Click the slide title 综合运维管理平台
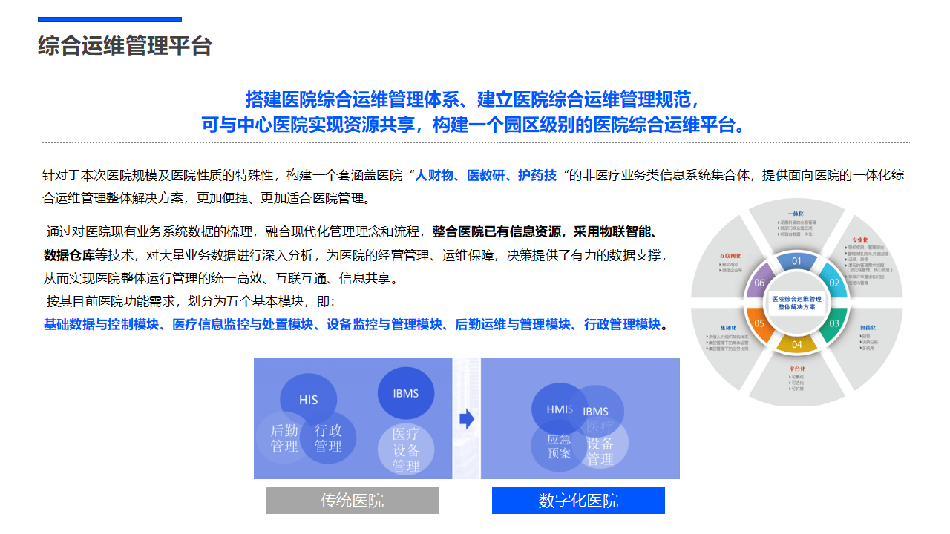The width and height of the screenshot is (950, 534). (x=125, y=45)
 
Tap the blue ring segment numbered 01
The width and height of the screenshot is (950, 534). (x=796, y=261)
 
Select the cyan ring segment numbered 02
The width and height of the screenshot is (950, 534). (x=833, y=283)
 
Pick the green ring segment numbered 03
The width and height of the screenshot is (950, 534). (x=833, y=323)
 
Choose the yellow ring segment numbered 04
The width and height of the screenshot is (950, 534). (x=796, y=344)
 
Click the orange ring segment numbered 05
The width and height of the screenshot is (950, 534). (x=759, y=323)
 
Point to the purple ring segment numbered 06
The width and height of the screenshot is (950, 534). (x=759, y=283)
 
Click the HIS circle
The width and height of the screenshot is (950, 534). (x=308, y=400)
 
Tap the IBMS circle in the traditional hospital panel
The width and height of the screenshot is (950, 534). (x=406, y=393)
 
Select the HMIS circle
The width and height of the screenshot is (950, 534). (x=560, y=409)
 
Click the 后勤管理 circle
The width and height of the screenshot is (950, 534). (x=284, y=438)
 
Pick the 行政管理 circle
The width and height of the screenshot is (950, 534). (x=328, y=438)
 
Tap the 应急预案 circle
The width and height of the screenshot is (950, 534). (x=559, y=446)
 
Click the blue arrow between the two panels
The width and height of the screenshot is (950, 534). (x=467, y=419)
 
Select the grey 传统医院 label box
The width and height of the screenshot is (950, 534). (x=352, y=500)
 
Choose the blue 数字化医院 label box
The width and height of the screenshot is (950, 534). (x=578, y=500)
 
